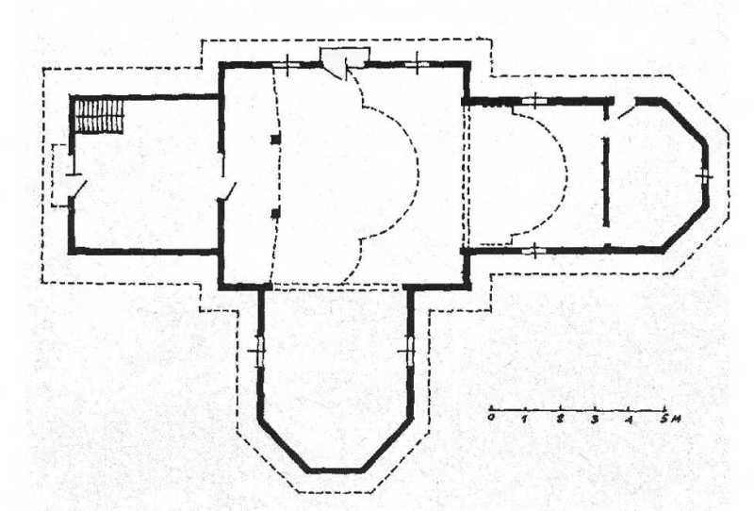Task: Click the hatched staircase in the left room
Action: (100, 116)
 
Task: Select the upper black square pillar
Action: (275, 140)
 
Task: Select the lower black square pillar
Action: (275, 213)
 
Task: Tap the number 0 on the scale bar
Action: (490, 418)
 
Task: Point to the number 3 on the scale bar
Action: (595, 420)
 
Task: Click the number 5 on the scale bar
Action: (664, 419)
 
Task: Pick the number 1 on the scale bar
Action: (525, 419)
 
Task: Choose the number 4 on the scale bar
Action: (630, 420)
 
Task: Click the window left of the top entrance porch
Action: (287, 64)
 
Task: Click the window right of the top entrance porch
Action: (417, 64)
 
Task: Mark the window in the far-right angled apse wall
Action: (705, 176)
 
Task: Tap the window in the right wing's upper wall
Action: (534, 101)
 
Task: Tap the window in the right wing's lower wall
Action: (534, 250)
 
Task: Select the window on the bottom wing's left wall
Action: (260, 351)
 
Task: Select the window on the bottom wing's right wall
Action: (410, 351)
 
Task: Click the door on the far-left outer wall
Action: (77, 187)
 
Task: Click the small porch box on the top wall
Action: (345, 57)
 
